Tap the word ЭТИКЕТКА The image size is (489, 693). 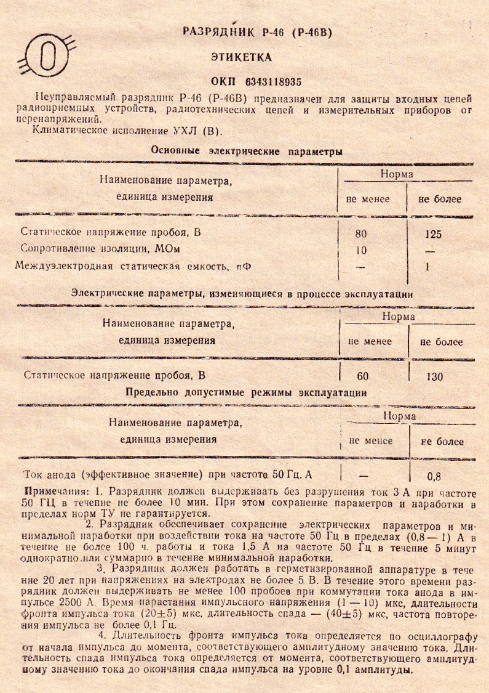click(x=241, y=57)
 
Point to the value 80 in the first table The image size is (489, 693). click(x=361, y=234)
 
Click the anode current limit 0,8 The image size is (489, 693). click(x=434, y=476)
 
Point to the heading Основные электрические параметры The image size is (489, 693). click(x=247, y=151)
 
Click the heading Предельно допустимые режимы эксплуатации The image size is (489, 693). click(x=246, y=392)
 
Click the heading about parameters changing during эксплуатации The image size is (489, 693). click(x=242, y=294)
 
